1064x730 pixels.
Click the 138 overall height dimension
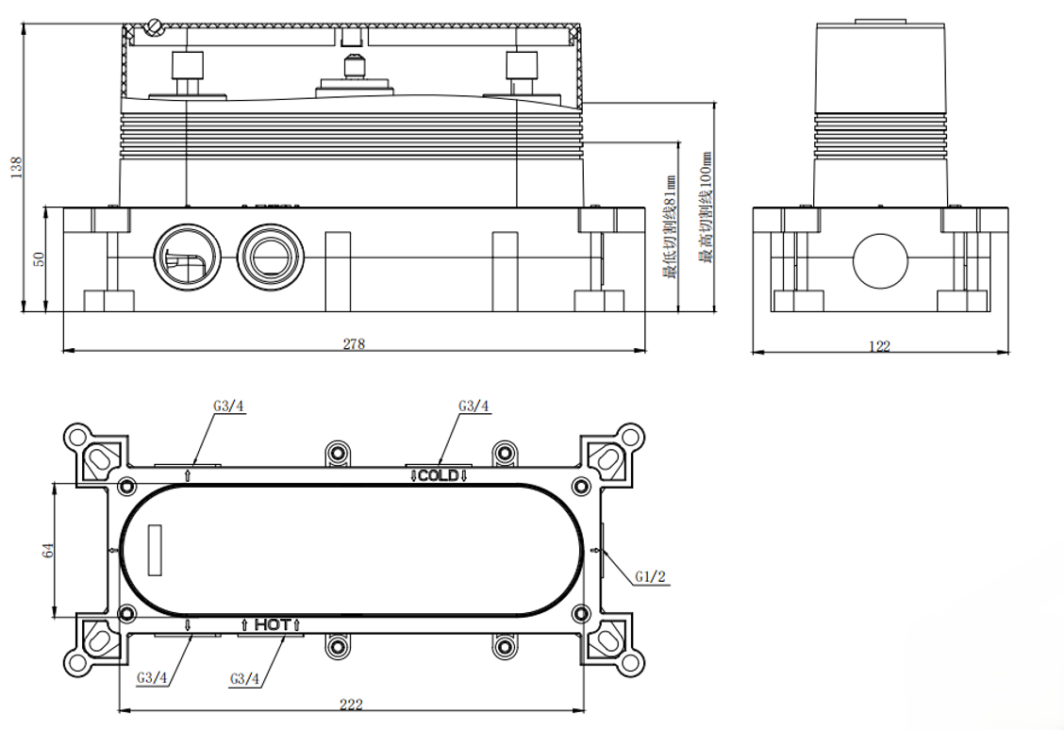[14, 167]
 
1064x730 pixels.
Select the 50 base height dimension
[40, 258]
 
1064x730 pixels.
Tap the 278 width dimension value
[354, 344]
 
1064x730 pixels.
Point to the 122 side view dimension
[879, 347]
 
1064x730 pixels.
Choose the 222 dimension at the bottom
[351, 705]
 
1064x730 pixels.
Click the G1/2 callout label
[650, 576]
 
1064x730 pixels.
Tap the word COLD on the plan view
[439, 475]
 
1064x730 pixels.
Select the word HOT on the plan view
[272, 624]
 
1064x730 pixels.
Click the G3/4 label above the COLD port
[474, 406]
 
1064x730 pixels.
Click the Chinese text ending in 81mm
[670, 226]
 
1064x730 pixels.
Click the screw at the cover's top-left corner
[155, 27]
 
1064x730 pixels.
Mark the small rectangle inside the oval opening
[154, 549]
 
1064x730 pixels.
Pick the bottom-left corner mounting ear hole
[75, 662]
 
